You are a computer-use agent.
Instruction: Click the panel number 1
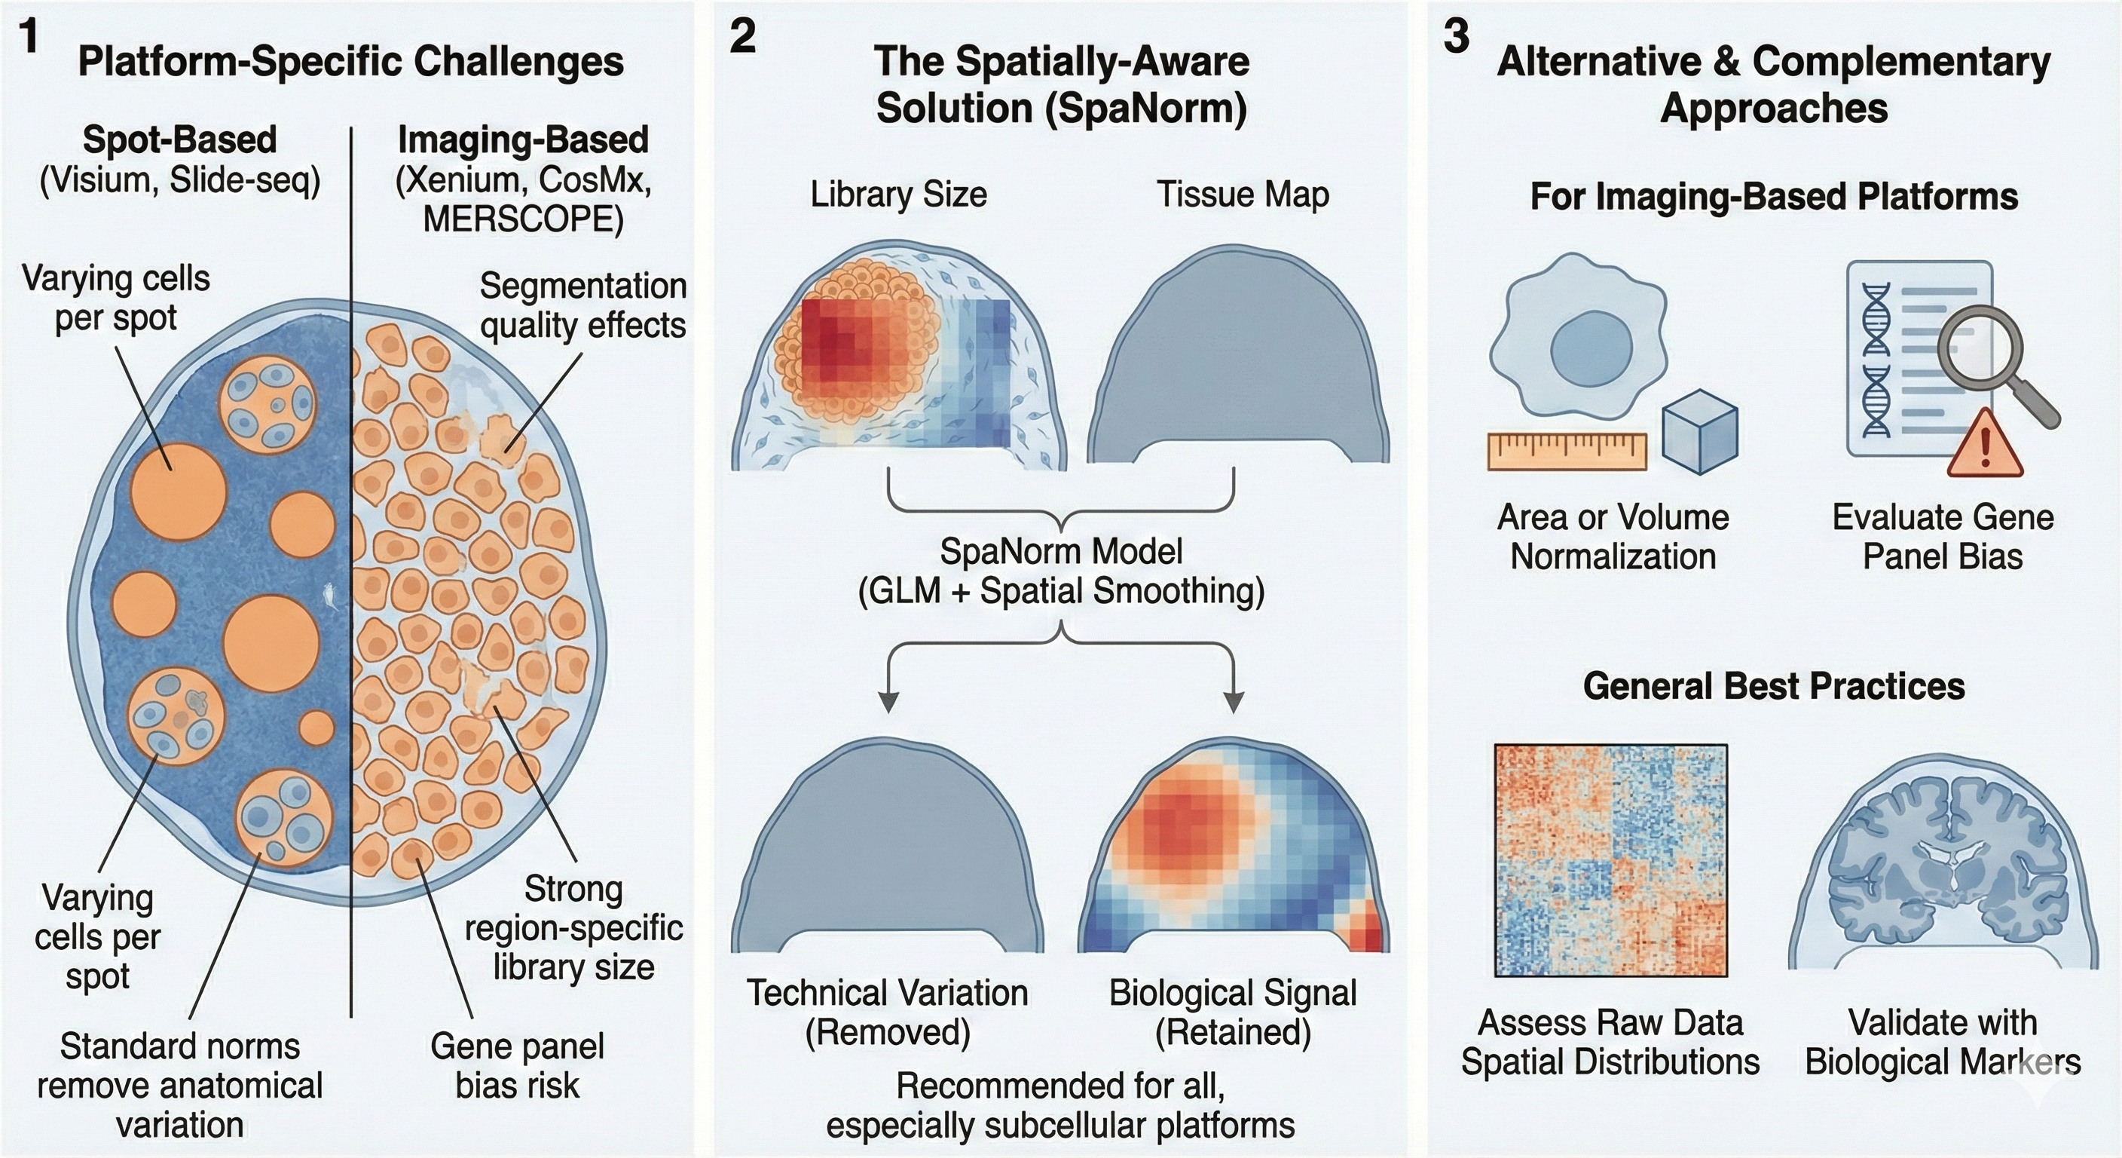(x=29, y=38)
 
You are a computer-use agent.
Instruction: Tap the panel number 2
(x=742, y=38)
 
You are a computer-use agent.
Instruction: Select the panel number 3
(x=1456, y=38)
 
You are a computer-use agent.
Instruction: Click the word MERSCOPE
(x=522, y=219)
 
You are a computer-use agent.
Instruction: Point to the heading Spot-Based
(x=179, y=140)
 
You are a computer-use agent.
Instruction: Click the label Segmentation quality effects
(x=582, y=305)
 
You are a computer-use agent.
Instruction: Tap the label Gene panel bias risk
(x=518, y=1066)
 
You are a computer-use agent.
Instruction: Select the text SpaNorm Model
(x=1061, y=551)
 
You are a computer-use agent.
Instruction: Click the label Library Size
(x=899, y=195)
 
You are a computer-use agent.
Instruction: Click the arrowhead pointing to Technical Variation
(x=888, y=701)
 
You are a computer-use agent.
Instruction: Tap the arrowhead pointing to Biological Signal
(x=1233, y=701)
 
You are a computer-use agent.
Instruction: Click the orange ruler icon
(x=1567, y=451)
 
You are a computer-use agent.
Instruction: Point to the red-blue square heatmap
(x=1610, y=860)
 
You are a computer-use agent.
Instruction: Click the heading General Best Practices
(x=1774, y=686)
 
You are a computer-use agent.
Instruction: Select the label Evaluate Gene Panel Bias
(x=1943, y=537)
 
